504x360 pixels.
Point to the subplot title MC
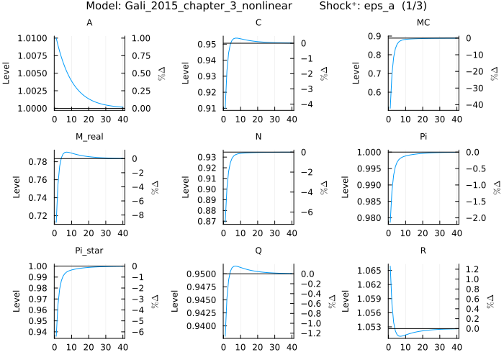pyautogui.click(x=423, y=23)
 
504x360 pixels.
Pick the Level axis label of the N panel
pyautogui.click(x=185, y=188)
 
